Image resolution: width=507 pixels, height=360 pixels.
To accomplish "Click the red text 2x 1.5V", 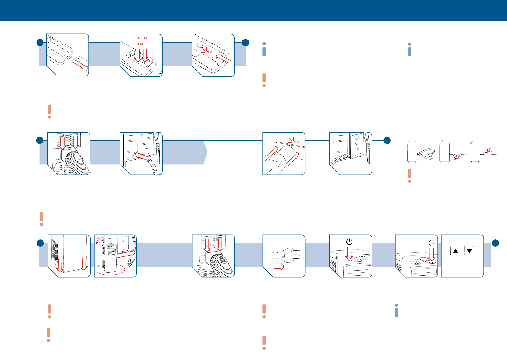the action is pos(142,39).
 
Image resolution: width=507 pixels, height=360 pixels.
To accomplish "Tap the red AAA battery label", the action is pos(140,44).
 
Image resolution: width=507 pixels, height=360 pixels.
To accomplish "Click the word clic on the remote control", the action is pos(209,52).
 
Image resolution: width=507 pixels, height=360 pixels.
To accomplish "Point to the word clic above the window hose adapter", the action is pos(296,142).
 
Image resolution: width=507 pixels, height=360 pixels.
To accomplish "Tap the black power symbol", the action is pos(349,242).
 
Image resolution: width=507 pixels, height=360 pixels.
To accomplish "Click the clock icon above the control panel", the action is pos(432,243).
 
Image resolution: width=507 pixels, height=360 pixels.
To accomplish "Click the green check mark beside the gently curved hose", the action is pos(432,153).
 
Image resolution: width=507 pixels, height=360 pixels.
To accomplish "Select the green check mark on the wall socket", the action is pos(131,263).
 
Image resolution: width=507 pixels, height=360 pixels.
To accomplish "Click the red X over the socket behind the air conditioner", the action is pos(98,240).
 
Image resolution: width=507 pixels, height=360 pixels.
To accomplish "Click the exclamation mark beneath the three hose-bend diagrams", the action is pos(409,176).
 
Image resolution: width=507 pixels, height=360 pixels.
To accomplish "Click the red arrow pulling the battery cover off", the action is pos(81,65).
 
